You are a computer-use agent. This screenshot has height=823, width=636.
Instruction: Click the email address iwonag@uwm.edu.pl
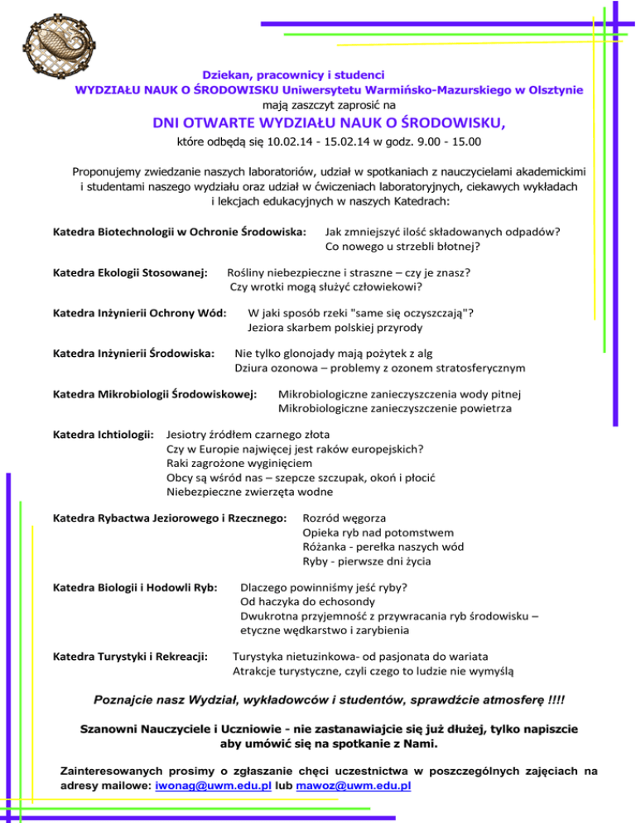point(204,785)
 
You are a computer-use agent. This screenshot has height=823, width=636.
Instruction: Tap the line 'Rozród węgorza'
point(342,518)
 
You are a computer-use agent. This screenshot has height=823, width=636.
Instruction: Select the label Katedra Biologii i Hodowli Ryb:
point(135,587)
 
